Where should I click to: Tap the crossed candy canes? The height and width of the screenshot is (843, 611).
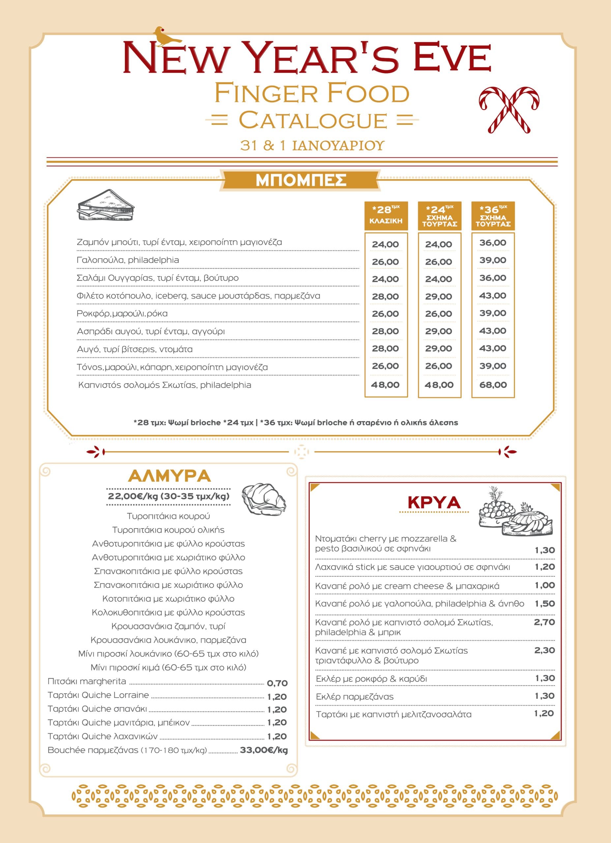tap(509, 109)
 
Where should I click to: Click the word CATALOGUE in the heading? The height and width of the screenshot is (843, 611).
tap(312, 121)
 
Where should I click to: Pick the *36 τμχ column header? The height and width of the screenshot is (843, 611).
tap(493, 216)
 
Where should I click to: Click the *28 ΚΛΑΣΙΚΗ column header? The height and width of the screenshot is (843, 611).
tap(386, 216)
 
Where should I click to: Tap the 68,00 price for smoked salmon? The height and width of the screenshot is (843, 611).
tap(493, 385)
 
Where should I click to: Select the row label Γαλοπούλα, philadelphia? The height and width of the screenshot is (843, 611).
tap(128, 260)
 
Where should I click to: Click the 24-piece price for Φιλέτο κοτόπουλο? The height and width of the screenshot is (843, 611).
tap(439, 297)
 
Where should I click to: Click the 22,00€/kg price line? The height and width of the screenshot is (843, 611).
tap(168, 497)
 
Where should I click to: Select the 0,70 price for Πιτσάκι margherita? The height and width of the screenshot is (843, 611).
tap(277, 683)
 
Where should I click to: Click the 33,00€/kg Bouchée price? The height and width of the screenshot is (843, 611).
tap(264, 750)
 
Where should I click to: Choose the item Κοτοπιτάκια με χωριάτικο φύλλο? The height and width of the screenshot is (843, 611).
tap(168, 599)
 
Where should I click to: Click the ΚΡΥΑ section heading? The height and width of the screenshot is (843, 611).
tap(434, 503)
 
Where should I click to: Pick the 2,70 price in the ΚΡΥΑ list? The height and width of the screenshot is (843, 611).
tap(544, 622)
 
